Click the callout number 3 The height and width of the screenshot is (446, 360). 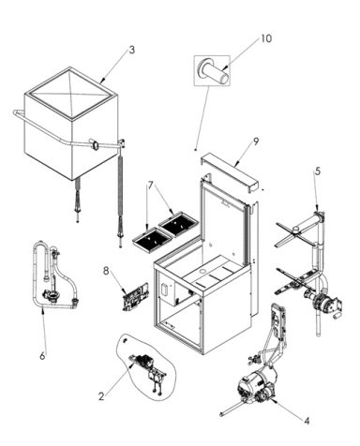click(132, 50)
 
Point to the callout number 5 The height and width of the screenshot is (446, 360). click(318, 171)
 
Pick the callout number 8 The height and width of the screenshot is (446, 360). click(106, 272)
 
